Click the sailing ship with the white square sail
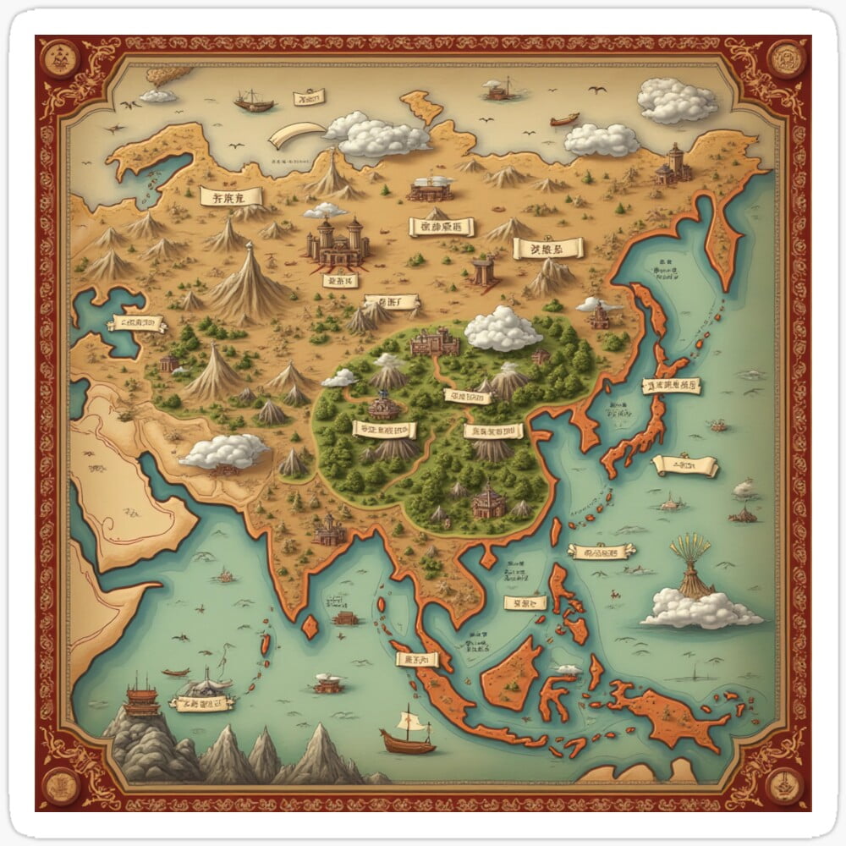point(409,733)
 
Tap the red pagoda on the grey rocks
point(142,699)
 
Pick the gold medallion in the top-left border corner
point(60,60)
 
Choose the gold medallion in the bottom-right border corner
point(785,785)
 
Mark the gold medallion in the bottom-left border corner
point(60,785)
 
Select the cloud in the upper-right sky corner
point(677,101)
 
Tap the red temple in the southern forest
point(488,501)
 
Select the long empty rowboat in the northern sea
point(564,119)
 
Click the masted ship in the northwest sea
point(254,102)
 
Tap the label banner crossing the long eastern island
point(671,387)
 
